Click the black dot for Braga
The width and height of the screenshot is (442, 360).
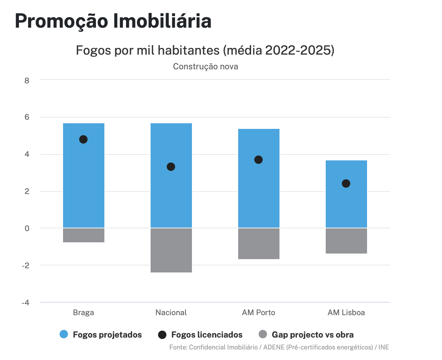[83, 139]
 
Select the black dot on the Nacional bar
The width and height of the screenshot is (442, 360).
[171, 167]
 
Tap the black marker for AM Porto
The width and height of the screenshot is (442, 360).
[258, 160]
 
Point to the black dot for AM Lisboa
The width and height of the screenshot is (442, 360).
[346, 184]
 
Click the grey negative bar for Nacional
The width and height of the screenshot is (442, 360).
[171, 250]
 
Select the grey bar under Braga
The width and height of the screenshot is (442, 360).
[84, 235]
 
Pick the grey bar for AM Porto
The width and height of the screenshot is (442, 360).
[259, 244]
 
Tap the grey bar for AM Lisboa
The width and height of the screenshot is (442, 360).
[346, 241]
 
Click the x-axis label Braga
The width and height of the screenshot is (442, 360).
[83, 312]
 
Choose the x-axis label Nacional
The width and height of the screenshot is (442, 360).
[171, 312]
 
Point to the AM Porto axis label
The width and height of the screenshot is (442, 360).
[258, 312]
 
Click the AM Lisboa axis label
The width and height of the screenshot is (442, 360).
[346, 312]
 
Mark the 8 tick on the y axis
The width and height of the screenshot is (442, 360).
[27, 81]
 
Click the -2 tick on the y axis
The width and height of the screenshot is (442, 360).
[26, 265]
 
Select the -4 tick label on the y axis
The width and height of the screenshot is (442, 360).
[26, 303]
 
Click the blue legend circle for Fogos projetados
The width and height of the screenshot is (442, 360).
[64, 334]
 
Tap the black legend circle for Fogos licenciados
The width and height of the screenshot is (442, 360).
[162, 334]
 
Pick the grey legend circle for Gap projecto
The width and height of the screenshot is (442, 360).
[263, 334]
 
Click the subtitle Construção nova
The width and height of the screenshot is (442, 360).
[206, 67]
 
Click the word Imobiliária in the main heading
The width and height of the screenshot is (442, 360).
[162, 21]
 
